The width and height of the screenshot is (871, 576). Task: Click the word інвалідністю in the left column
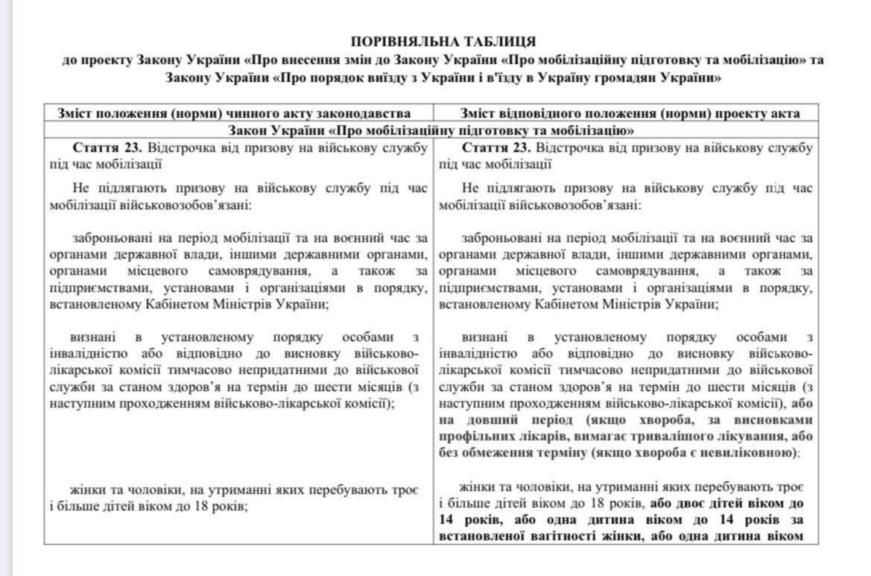89,353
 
